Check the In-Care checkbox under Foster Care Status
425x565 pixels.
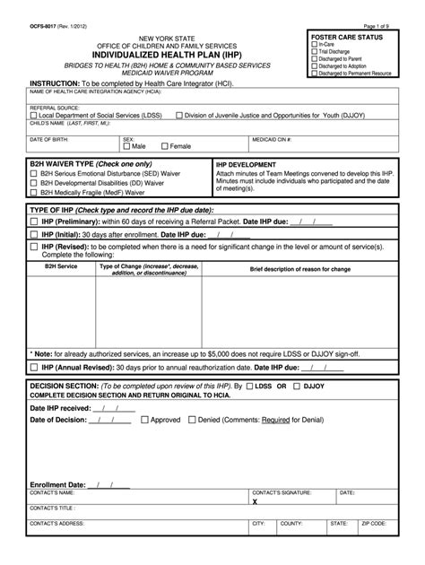point(314,44)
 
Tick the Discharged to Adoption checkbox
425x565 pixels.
point(314,65)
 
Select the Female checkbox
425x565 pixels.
point(164,146)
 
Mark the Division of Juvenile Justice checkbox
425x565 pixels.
point(179,115)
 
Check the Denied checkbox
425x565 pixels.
point(191,419)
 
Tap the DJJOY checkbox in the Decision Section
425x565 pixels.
point(296,385)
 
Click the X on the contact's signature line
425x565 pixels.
point(255,502)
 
